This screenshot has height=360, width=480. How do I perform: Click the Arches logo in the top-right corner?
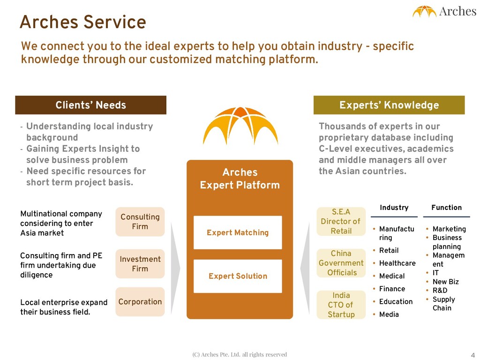(444, 11)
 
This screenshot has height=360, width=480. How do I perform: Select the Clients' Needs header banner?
(90, 105)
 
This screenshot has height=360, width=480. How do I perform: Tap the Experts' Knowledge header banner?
(389, 105)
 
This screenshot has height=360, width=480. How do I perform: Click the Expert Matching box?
(238, 232)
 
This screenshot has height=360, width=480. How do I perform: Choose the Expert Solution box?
(238, 276)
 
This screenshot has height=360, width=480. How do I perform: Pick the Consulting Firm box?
(140, 222)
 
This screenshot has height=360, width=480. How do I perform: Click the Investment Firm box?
(140, 264)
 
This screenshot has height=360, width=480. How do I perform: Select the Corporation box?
(140, 302)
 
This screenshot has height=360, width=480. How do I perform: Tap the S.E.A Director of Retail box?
(341, 221)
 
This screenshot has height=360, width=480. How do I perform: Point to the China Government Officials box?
(341, 263)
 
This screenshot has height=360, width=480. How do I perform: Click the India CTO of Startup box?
(341, 305)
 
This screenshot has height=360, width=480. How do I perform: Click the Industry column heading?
(394, 208)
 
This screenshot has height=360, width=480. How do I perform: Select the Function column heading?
(446, 208)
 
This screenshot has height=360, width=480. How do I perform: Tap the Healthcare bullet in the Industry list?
(397, 263)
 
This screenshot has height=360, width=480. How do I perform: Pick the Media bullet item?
(389, 314)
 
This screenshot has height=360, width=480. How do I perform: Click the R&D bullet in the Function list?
(440, 290)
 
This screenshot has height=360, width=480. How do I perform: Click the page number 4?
(472, 354)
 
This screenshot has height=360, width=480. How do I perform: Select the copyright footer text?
(240, 354)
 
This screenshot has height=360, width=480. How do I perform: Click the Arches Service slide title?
(83, 22)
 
